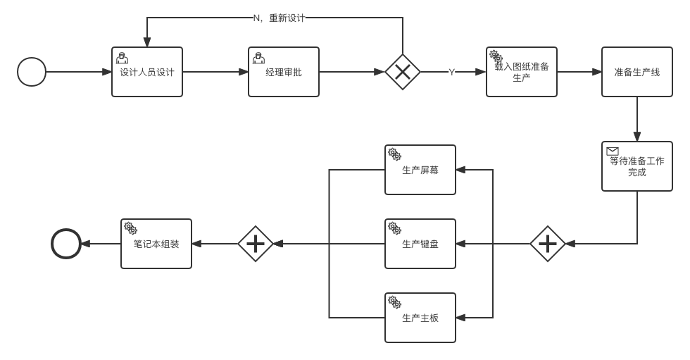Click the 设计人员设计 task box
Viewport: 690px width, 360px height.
147,72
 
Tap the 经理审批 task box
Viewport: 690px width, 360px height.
284,72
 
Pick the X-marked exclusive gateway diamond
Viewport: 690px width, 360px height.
403,72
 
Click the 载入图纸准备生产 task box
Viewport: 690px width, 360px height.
522,72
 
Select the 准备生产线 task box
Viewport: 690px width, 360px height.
637,72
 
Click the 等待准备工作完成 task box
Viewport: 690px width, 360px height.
637,166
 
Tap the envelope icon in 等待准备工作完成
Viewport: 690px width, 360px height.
613,151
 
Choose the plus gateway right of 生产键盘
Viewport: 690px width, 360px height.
548,243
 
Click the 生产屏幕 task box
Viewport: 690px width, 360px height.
420,170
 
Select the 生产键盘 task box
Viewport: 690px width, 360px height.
420,243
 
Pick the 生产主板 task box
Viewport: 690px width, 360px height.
420,317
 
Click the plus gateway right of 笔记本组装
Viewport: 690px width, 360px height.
256,243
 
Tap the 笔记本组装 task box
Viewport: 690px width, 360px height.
156,243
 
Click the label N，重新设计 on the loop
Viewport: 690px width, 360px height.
279,18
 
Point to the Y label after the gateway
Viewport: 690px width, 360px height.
451,72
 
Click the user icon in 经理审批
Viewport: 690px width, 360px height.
259,58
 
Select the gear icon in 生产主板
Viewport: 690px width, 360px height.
395,302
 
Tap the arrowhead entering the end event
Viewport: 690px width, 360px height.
86,243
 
